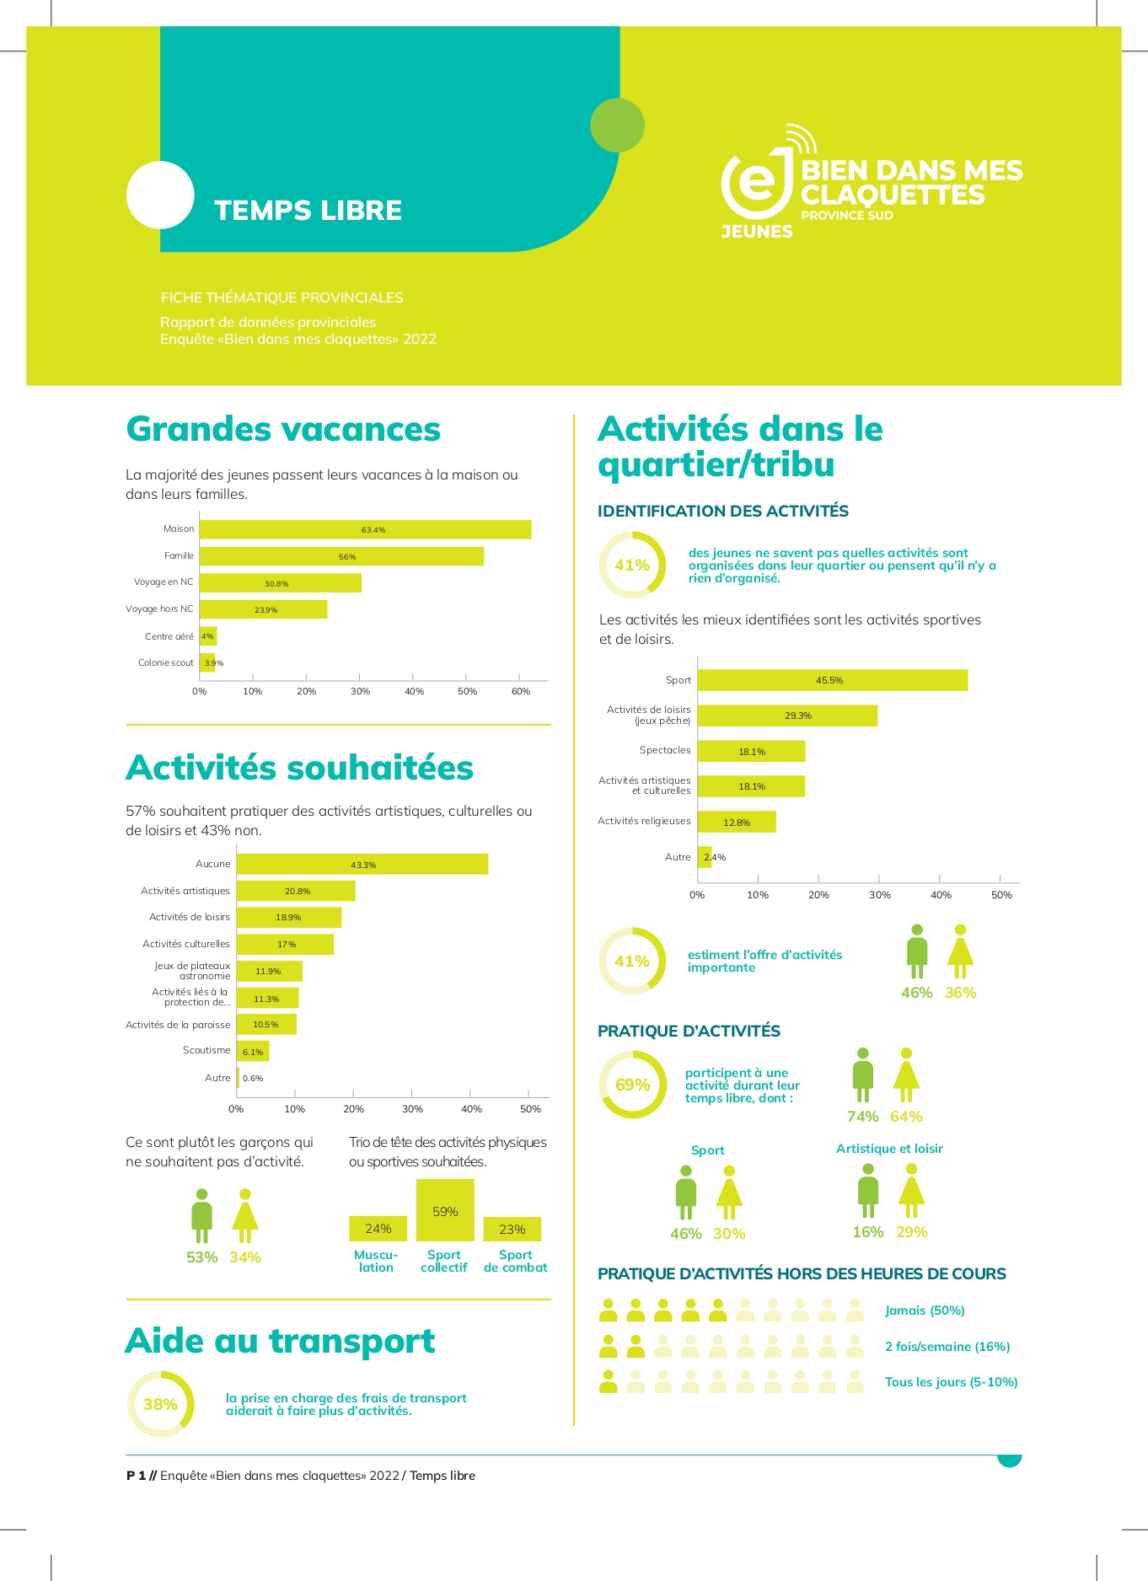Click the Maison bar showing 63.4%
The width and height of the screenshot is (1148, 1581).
click(365, 529)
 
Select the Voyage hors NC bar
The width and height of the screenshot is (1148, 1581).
click(263, 609)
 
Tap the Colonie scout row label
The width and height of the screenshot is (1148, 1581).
click(166, 663)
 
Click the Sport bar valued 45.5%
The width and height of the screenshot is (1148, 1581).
click(832, 680)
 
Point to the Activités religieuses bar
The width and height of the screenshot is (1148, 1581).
click(736, 822)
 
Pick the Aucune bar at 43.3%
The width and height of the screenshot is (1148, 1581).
click(362, 864)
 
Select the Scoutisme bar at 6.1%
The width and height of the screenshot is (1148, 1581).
click(252, 1051)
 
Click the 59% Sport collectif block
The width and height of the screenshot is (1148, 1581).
click(445, 1210)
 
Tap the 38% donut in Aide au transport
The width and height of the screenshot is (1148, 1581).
click(160, 1404)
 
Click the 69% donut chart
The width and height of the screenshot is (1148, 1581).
click(632, 1085)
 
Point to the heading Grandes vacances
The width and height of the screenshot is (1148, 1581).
click(283, 429)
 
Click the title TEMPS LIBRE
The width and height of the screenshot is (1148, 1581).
click(308, 210)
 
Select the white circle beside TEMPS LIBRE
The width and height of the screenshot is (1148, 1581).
click(160, 195)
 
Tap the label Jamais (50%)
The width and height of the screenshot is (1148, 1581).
click(925, 1310)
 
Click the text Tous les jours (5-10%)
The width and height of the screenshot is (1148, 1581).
click(951, 1382)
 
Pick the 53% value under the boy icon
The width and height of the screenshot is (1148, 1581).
click(201, 1257)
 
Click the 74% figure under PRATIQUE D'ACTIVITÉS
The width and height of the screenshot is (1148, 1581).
click(862, 1117)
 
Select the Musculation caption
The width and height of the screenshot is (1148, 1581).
click(376, 1261)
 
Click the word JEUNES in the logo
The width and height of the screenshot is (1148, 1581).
click(757, 231)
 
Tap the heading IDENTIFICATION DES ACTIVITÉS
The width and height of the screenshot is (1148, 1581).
click(722, 511)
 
